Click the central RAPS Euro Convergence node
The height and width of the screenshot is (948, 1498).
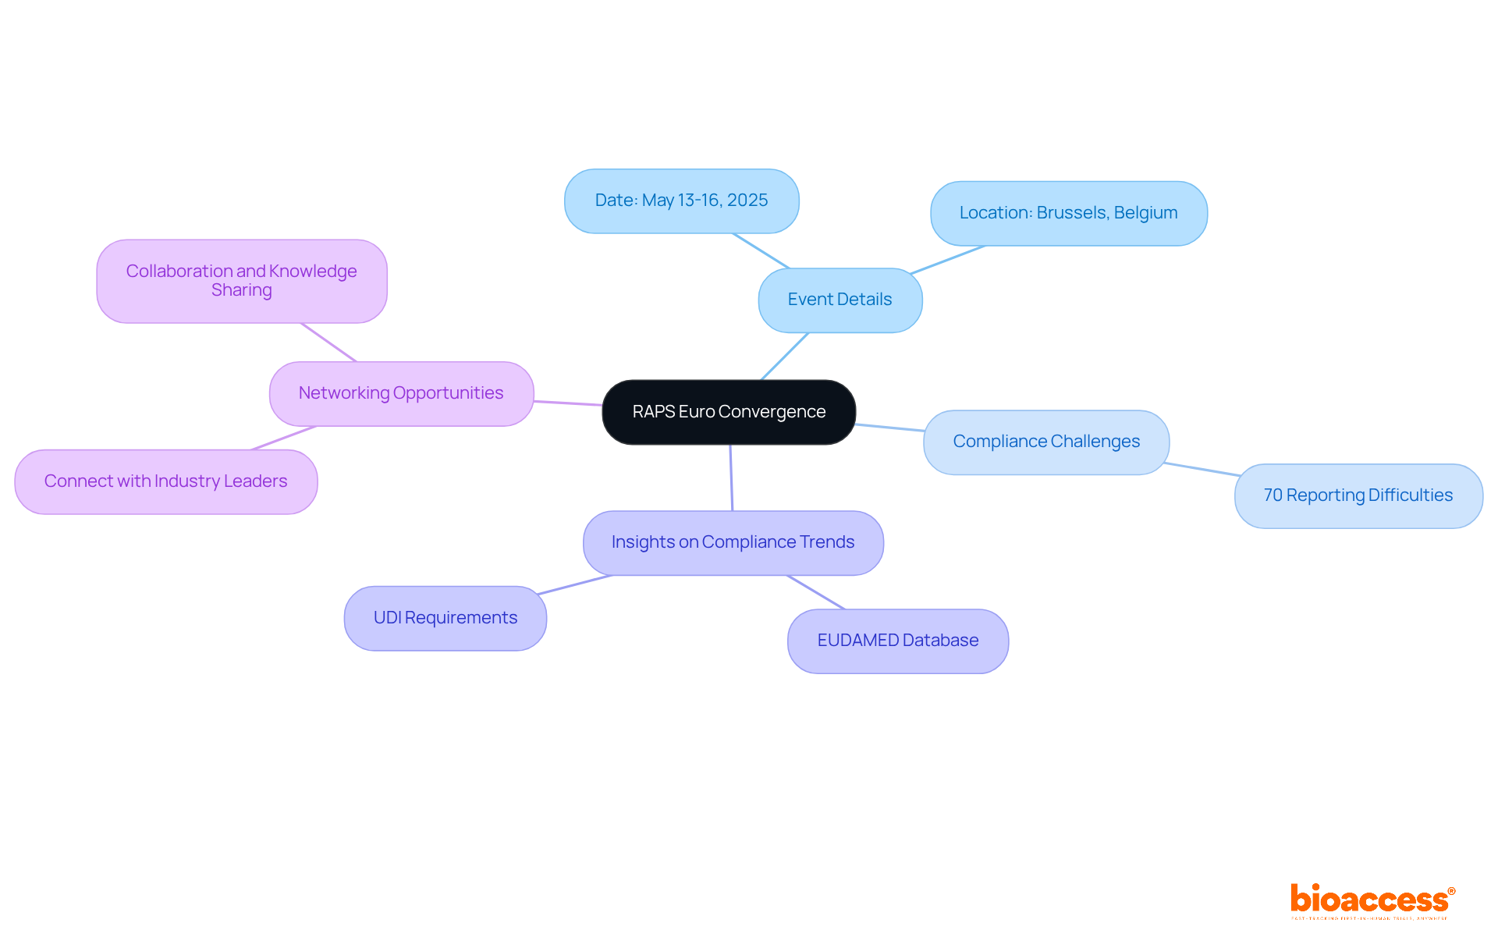point(729,412)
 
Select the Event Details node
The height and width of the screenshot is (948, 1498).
point(840,300)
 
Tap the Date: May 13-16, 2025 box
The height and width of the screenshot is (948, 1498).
point(681,201)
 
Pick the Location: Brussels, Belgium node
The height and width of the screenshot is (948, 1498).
point(1068,213)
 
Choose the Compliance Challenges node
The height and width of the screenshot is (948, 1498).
point(1045,442)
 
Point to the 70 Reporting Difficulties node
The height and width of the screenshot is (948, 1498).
point(1358,495)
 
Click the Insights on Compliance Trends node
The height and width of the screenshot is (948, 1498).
point(733,542)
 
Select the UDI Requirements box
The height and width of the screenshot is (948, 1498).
point(445,618)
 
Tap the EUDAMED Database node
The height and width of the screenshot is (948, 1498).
point(897,641)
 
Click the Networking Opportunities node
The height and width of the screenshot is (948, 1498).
point(401,393)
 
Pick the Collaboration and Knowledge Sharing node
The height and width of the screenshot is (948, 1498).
point(241,281)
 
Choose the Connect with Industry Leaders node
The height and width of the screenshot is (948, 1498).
point(165,481)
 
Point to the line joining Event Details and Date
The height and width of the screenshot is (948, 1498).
point(761,250)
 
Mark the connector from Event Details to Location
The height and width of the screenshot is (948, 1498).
point(948,259)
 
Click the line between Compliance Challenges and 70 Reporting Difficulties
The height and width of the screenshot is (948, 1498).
point(1202,469)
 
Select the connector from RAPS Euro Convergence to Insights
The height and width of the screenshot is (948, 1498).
point(731,478)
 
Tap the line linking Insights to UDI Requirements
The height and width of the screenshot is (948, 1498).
point(575,584)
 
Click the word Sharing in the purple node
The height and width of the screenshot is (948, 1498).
point(242,290)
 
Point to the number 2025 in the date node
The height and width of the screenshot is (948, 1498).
point(747,201)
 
